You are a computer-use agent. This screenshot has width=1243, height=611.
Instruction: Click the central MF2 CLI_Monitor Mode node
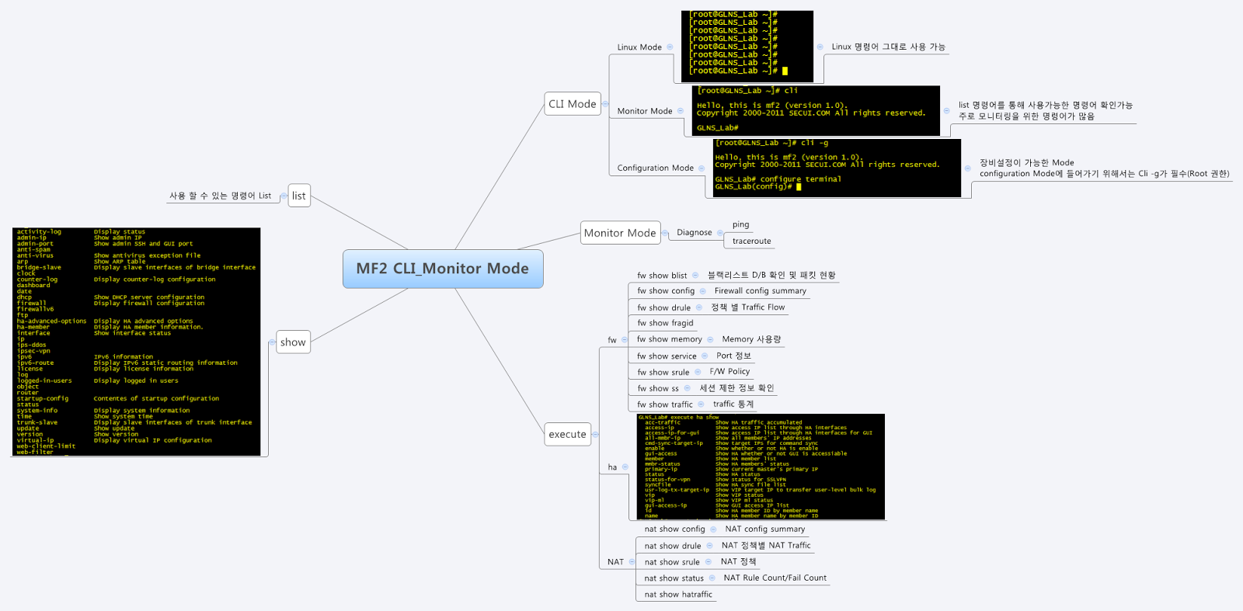(x=442, y=269)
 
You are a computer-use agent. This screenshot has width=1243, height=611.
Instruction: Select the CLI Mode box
(x=573, y=104)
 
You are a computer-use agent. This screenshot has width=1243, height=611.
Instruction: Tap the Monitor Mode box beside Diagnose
(x=620, y=233)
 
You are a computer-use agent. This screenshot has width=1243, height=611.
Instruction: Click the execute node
(x=567, y=434)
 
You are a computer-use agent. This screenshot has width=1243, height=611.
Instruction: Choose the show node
(x=293, y=342)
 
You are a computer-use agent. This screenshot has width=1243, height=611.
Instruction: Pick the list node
(x=298, y=196)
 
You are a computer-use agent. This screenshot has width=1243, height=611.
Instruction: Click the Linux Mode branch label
(x=639, y=47)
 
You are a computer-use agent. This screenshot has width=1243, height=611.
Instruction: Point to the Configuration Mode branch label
(x=655, y=168)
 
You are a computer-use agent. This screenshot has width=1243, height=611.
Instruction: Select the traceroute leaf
(x=751, y=241)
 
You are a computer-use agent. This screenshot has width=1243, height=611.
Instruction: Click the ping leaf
(x=740, y=224)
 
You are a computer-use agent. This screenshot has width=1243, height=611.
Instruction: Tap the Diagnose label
(x=694, y=232)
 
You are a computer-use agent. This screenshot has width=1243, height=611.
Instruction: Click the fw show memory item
(x=669, y=339)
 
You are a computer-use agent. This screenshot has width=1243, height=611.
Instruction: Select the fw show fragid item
(x=665, y=323)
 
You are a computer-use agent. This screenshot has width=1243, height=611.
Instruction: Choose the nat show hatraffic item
(x=677, y=595)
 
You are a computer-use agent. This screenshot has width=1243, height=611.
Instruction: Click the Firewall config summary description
(x=760, y=291)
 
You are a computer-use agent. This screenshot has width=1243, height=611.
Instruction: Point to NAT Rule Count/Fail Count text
(x=775, y=578)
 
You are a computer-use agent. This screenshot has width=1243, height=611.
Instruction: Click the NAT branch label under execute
(x=615, y=562)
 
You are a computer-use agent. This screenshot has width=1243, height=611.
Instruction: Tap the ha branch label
(x=612, y=467)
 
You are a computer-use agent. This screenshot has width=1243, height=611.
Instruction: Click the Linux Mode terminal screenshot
(x=747, y=47)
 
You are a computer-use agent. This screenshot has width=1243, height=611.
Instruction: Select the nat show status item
(x=674, y=578)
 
